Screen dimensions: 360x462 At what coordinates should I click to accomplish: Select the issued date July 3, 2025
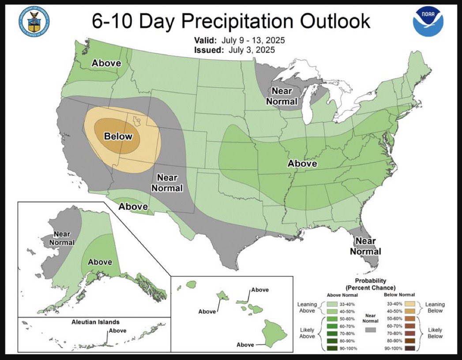(252, 50)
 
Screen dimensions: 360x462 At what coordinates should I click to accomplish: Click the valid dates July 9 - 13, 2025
(256, 40)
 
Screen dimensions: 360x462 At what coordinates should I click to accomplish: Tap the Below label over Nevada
(118, 136)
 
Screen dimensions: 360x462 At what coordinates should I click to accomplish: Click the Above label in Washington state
(106, 63)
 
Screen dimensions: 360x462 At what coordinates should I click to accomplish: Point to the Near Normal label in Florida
(365, 246)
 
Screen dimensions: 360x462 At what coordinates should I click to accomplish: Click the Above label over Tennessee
(302, 163)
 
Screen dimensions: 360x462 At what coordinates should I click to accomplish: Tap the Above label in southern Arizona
(133, 206)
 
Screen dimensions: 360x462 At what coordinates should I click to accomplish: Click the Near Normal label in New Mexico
(167, 183)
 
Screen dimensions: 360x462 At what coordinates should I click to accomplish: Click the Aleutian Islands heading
(95, 322)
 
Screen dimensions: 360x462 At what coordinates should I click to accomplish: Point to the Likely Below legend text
(435, 333)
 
